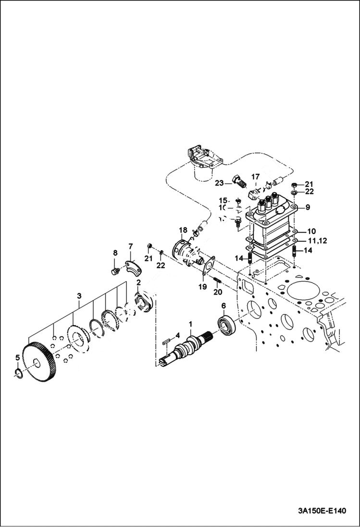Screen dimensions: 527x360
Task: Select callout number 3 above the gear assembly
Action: tap(79, 294)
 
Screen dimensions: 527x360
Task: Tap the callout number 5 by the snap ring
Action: tap(17, 357)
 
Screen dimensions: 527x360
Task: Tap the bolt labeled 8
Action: tap(114, 271)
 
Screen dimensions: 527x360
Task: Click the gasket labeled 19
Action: tap(207, 267)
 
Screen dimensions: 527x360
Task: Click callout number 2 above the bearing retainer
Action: tap(138, 282)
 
